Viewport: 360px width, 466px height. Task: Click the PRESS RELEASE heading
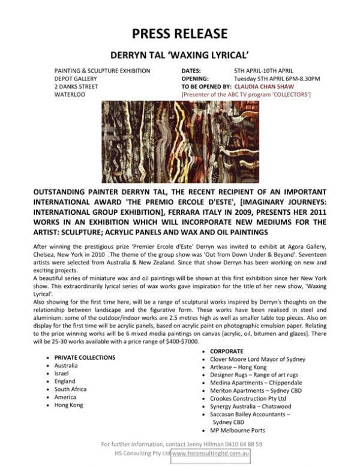tap(180, 32)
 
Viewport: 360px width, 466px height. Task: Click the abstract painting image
tap(180, 142)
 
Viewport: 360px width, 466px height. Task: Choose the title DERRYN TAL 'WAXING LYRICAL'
tap(180, 53)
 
